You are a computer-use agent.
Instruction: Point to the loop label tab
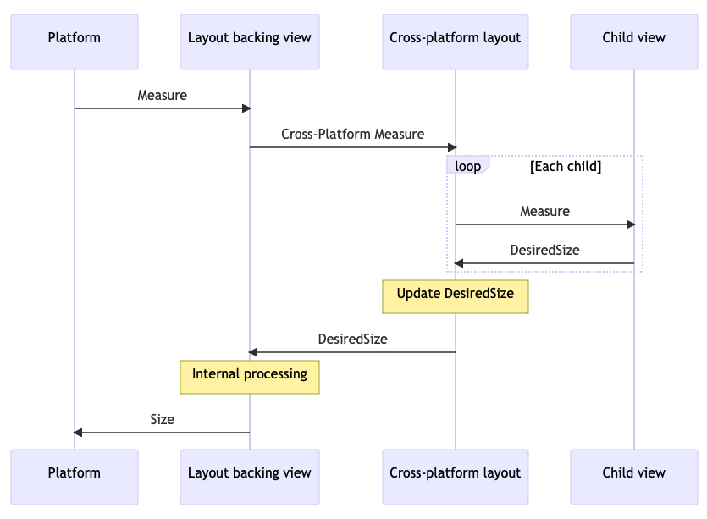click(x=467, y=166)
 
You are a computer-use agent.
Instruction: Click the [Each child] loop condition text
click(x=565, y=166)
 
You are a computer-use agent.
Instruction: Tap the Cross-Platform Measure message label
click(x=352, y=134)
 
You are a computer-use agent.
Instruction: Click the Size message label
click(x=162, y=419)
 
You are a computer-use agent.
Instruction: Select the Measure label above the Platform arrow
click(x=162, y=95)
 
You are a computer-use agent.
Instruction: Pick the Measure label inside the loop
click(x=544, y=211)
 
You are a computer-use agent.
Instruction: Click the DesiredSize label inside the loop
click(x=544, y=250)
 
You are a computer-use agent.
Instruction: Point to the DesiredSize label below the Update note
click(x=352, y=339)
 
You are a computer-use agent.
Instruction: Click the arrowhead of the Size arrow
click(x=78, y=433)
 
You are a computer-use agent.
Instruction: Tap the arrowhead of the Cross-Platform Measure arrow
click(x=452, y=147)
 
